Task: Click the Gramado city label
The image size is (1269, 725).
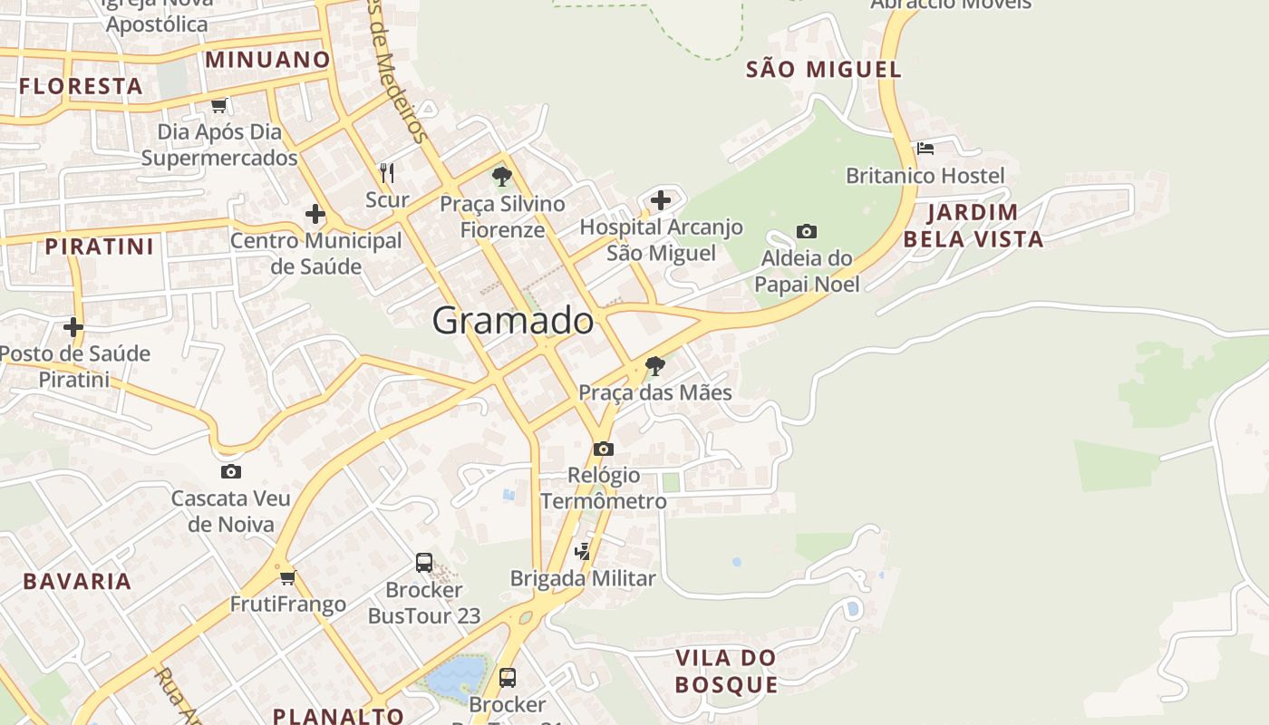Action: coord(513,321)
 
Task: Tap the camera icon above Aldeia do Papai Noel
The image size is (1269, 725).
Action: coord(807,232)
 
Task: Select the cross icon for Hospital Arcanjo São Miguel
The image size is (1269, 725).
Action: coord(661,200)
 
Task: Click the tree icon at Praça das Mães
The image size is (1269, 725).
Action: coord(654,366)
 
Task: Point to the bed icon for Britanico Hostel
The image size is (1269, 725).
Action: coord(925,148)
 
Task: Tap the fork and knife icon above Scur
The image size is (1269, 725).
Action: coord(387,172)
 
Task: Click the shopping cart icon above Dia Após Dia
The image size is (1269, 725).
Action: coord(218,106)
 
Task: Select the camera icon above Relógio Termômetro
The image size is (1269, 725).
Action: coord(603,449)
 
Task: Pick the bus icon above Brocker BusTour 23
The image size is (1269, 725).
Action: coord(423,562)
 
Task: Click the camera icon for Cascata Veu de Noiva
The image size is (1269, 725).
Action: coord(230,471)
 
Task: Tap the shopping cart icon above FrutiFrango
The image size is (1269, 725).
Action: coord(287,577)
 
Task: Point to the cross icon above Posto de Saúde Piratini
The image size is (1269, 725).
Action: coord(73,326)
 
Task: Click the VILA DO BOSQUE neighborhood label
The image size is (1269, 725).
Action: coord(726,671)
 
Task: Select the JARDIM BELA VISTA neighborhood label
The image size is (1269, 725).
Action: coord(973,226)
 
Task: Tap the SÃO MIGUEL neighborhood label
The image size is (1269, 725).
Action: coord(823,69)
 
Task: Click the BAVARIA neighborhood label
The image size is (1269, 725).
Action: coord(77,581)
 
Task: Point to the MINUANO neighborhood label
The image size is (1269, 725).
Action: coord(267,60)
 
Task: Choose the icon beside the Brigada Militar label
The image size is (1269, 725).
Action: coord(584,550)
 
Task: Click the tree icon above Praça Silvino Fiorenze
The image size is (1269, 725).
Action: coord(501,177)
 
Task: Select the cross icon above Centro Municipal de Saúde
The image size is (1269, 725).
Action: coord(315,214)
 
